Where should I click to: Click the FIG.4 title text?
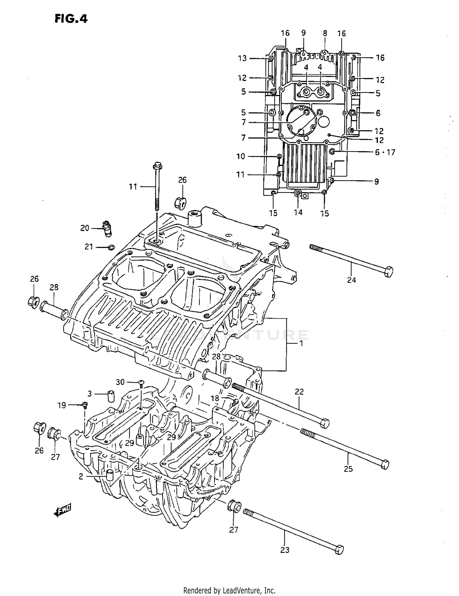(71, 19)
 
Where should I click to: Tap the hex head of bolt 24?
(388, 272)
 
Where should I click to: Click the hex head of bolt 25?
(385, 464)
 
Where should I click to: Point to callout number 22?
(299, 392)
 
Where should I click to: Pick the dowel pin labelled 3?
(111, 396)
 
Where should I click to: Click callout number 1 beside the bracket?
(301, 343)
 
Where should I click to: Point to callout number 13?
(242, 58)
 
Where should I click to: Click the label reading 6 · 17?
(385, 152)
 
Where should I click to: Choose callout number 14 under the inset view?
(298, 212)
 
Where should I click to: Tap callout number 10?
(241, 156)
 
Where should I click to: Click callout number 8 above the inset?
(325, 33)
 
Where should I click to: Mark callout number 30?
(120, 382)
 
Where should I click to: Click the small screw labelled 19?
(85, 405)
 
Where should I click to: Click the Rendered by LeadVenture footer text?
(229, 590)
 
